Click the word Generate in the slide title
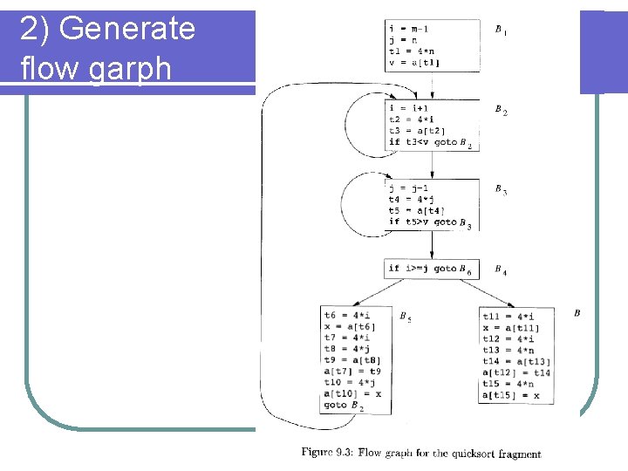click(x=127, y=29)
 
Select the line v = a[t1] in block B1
click(x=414, y=62)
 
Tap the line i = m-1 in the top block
click(x=408, y=29)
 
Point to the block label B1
click(x=500, y=31)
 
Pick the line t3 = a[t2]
click(x=416, y=131)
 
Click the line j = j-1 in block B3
click(x=408, y=188)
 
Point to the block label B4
click(x=500, y=270)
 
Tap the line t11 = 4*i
click(x=509, y=316)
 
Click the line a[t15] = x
click(x=511, y=395)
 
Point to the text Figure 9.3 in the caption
click(x=328, y=453)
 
